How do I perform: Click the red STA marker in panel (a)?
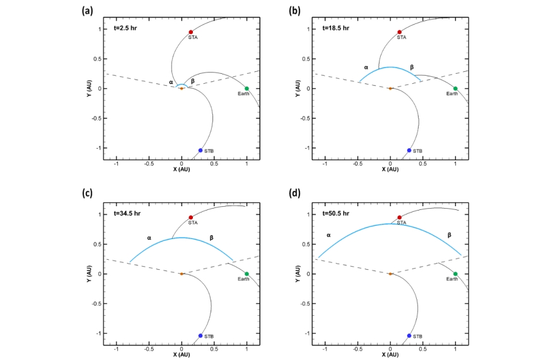[x=190, y=32]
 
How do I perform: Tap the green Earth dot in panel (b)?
[x=455, y=88]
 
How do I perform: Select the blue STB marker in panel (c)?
[x=200, y=335]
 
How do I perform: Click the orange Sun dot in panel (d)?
[x=390, y=274]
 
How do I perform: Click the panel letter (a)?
[x=89, y=10]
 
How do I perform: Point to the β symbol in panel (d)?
[x=449, y=235]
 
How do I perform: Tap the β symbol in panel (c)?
[x=211, y=238]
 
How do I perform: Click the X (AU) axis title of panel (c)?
[x=182, y=355]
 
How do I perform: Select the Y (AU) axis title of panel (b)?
[x=298, y=88]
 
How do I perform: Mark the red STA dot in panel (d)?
[x=399, y=218]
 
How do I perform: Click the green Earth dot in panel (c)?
[x=246, y=274]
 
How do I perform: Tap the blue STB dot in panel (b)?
[x=409, y=150]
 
